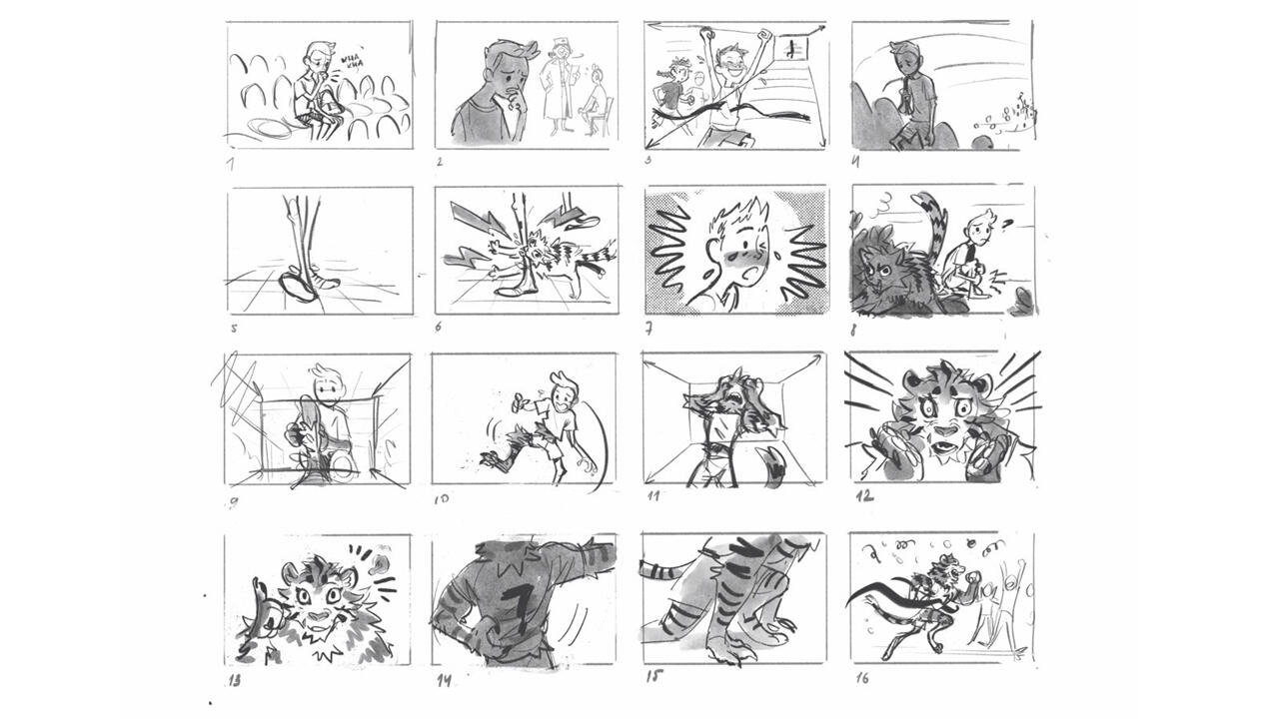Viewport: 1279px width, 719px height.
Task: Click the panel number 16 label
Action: pyautogui.click(x=861, y=679)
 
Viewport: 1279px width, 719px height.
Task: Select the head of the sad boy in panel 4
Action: pyautogui.click(x=906, y=58)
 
